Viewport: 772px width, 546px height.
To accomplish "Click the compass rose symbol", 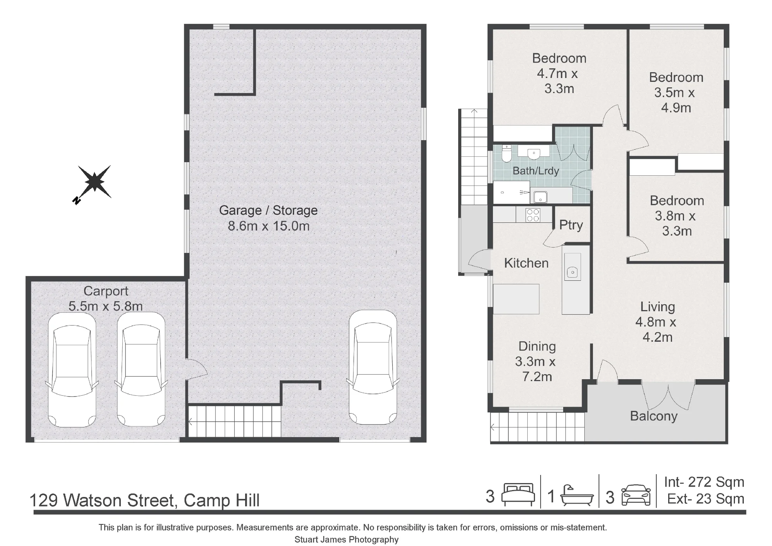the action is pyautogui.click(x=94, y=182).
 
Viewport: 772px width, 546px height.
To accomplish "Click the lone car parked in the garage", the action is pyautogui.click(x=373, y=367).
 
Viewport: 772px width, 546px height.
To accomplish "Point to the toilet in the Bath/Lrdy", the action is pyautogui.click(x=506, y=154).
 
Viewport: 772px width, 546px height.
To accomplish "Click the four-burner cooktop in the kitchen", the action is pyautogui.click(x=533, y=215).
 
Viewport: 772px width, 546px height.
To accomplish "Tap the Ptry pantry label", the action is pyautogui.click(x=571, y=225).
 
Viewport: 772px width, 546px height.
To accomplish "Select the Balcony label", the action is pyautogui.click(x=653, y=416).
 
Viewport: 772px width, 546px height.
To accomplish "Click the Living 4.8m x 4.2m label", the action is pyautogui.click(x=657, y=322).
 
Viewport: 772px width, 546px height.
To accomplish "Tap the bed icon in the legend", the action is pyautogui.click(x=518, y=495).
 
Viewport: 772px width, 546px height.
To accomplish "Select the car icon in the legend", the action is pyautogui.click(x=636, y=495).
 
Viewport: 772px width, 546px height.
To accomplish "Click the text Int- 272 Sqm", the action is pyautogui.click(x=704, y=482).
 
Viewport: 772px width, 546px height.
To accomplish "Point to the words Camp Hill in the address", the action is pyautogui.click(x=222, y=500).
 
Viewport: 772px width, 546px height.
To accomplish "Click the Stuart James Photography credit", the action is pyautogui.click(x=347, y=539).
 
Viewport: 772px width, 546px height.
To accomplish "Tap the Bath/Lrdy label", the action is pyautogui.click(x=536, y=171).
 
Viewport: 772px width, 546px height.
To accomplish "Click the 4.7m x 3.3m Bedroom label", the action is pyautogui.click(x=559, y=73).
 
